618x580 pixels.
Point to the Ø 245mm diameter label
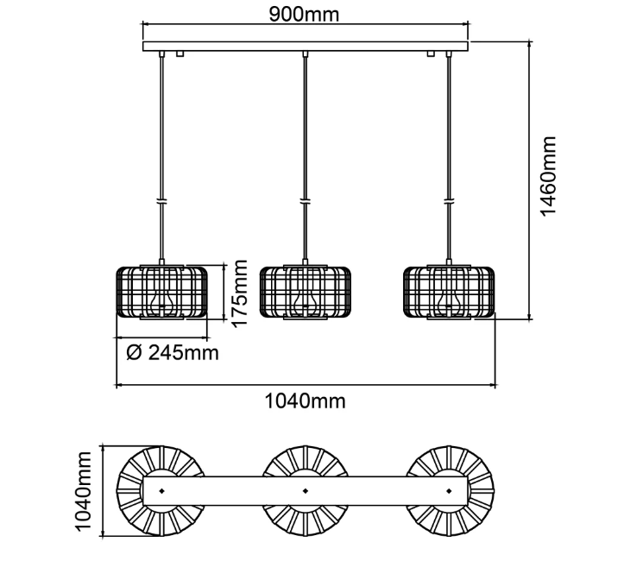pos(172,352)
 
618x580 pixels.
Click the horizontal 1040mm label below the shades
pos(306,400)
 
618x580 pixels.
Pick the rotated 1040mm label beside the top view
pos(84,492)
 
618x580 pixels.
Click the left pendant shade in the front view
pos(161,293)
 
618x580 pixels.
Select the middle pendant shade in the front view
pos(306,293)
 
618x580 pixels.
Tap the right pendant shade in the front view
pos(449,293)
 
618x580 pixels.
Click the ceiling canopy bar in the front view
pos(306,46)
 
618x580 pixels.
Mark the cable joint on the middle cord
pos(306,201)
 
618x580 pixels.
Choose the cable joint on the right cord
pos(449,201)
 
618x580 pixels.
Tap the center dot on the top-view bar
pos(306,492)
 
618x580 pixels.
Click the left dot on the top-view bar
pos(161,492)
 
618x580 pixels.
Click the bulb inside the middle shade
pos(301,301)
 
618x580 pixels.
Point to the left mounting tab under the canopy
pos(180,55)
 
